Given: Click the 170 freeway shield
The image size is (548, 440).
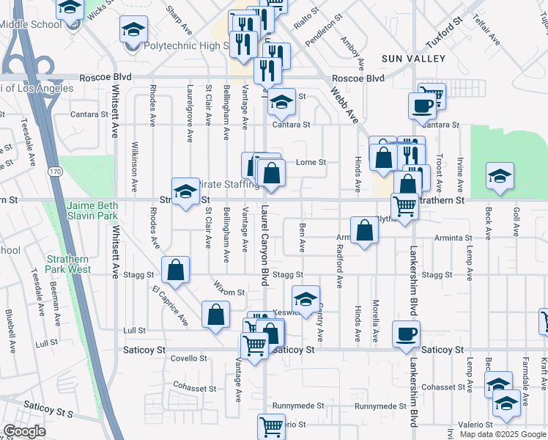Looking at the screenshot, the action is click(55, 171).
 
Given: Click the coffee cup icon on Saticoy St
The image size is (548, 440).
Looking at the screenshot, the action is click(406, 334).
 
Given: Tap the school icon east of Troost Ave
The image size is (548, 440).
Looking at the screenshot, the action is click(500, 177).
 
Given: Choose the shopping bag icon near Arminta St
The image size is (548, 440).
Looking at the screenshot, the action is click(364, 230).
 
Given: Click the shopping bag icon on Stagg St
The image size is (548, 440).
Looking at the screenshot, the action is click(176, 270).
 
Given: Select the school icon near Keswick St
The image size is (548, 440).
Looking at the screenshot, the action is click(306, 298).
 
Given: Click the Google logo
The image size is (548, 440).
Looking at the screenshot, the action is click(24, 431).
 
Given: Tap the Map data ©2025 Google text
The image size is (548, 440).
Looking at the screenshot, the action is click(503, 434).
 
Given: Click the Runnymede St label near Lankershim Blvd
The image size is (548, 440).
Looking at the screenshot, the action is click(379, 406).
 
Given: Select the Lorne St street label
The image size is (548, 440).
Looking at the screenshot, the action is click(311, 163).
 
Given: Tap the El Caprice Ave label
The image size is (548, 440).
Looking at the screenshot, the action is click(170, 307).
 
